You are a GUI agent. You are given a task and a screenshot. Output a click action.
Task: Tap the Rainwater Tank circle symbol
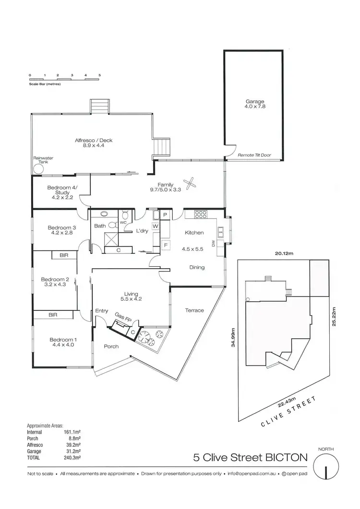pos(38,169)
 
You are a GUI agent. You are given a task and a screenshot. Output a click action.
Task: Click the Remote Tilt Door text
pos(254,155)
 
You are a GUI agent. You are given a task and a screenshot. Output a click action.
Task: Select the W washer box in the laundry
pos(156,226)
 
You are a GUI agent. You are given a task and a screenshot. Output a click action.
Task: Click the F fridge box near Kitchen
pos(166,245)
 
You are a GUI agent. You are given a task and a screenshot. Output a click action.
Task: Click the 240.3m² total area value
pos(72,458)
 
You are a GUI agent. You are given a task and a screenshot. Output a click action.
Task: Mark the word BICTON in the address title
pos(287,458)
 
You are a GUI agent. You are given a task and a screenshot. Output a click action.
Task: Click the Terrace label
pos(194,310)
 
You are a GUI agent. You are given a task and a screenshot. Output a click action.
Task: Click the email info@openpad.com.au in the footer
pos(252,487)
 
